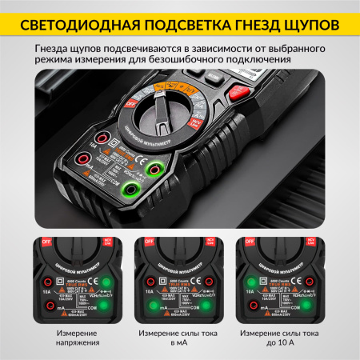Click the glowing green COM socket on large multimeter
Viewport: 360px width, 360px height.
(126, 190)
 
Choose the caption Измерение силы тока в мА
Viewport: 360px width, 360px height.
(178, 338)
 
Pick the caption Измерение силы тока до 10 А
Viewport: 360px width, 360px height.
(286, 338)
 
